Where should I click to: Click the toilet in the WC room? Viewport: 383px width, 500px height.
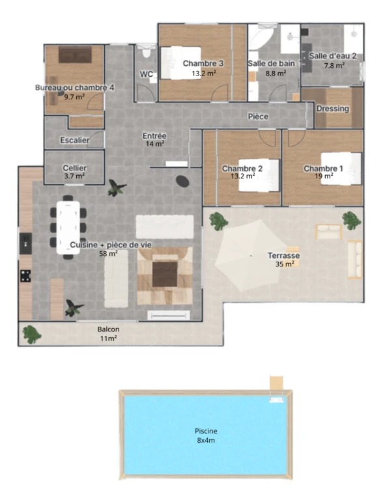coord(146,52)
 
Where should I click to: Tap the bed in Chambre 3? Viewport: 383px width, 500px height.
coord(181,62)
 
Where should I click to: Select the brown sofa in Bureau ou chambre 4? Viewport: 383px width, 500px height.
coord(75,55)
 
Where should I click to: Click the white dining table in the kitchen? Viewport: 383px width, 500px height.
coord(68,227)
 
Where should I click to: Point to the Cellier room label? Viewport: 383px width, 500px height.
coord(75,168)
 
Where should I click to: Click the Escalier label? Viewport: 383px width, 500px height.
coord(75,140)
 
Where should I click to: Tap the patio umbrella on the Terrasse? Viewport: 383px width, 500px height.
coord(251,256)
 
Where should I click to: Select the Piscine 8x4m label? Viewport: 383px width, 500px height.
coord(206,436)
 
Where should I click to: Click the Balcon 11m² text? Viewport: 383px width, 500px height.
coord(109,333)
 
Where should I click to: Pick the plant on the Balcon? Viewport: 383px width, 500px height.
coord(32,335)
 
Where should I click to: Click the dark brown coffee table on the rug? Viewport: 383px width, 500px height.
coord(165,274)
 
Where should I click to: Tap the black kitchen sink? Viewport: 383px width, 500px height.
coord(25,243)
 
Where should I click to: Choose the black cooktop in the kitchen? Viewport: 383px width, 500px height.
coord(25,276)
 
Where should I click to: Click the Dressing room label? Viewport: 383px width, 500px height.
coord(333,109)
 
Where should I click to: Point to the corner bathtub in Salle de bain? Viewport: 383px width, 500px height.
coord(261,37)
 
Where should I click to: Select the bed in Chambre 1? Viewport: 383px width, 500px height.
coord(341,169)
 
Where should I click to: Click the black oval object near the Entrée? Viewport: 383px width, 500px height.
coord(182,181)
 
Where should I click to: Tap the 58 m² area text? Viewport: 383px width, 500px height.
coord(109,254)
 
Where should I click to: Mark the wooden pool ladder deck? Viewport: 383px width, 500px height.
coord(276,383)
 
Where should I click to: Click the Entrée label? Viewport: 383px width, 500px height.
coord(154,136)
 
